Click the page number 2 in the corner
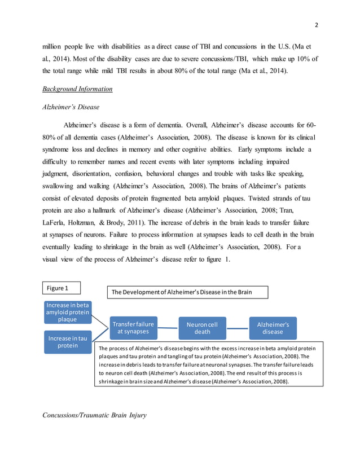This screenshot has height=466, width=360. (317, 25)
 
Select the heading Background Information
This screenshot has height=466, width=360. (77, 89)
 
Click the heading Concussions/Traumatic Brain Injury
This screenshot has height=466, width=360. (94, 416)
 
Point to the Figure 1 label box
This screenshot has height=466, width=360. (60, 288)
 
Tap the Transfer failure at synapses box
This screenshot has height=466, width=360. (133, 328)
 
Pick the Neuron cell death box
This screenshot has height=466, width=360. (202, 328)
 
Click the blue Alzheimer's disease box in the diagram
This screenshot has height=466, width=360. (273, 328)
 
